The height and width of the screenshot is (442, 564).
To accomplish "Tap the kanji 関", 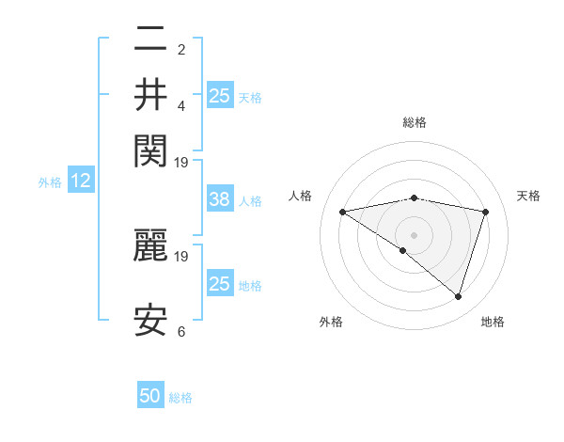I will (150, 148).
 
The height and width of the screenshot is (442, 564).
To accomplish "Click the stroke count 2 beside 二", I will (181, 50).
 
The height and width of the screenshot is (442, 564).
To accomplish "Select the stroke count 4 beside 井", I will (181, 105).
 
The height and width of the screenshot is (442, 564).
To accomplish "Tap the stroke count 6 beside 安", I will (181, 332).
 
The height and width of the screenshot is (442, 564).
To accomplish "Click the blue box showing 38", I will (219, 199).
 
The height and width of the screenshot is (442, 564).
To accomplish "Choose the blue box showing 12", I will (81, 182).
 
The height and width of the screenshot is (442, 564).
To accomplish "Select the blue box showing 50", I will (150, 397).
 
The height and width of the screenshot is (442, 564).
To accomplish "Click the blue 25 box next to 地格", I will (219, 284).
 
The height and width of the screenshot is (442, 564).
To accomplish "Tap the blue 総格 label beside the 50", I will (181, 399).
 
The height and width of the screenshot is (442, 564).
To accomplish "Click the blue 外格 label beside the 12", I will (50, 182).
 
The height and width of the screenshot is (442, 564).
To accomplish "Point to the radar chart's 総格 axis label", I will (415, 122).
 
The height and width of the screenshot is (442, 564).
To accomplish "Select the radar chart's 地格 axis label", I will (493, 323).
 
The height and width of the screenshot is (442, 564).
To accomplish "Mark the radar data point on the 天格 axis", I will (486, 212).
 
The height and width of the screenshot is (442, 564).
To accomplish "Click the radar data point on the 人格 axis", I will (343, 212).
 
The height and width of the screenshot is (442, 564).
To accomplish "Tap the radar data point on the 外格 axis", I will (403, 250).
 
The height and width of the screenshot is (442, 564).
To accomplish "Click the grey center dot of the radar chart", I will (415, 234).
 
